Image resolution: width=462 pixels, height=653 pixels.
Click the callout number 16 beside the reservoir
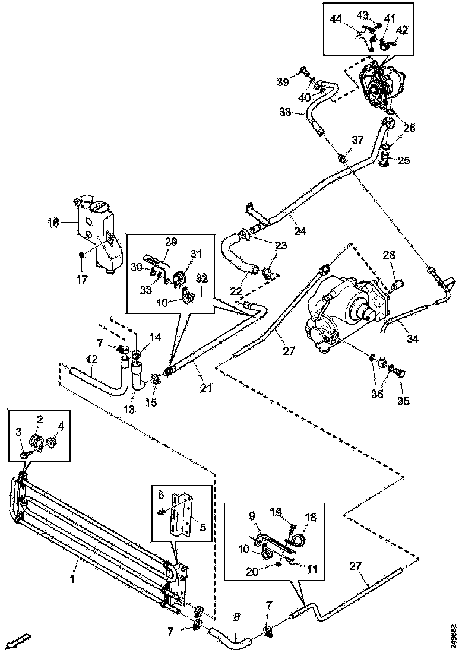(53, 223)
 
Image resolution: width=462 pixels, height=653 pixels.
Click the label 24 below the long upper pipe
(301, 230)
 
